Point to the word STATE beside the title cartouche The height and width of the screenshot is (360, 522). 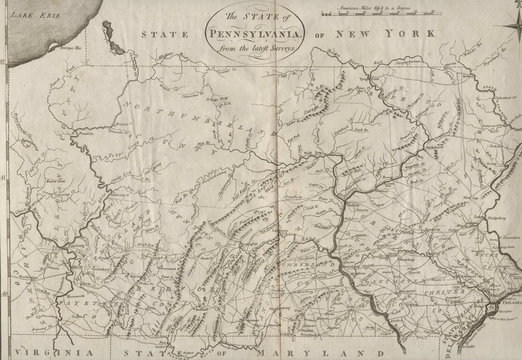pos(163,36)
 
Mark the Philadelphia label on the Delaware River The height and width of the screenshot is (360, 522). pos(507,297)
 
